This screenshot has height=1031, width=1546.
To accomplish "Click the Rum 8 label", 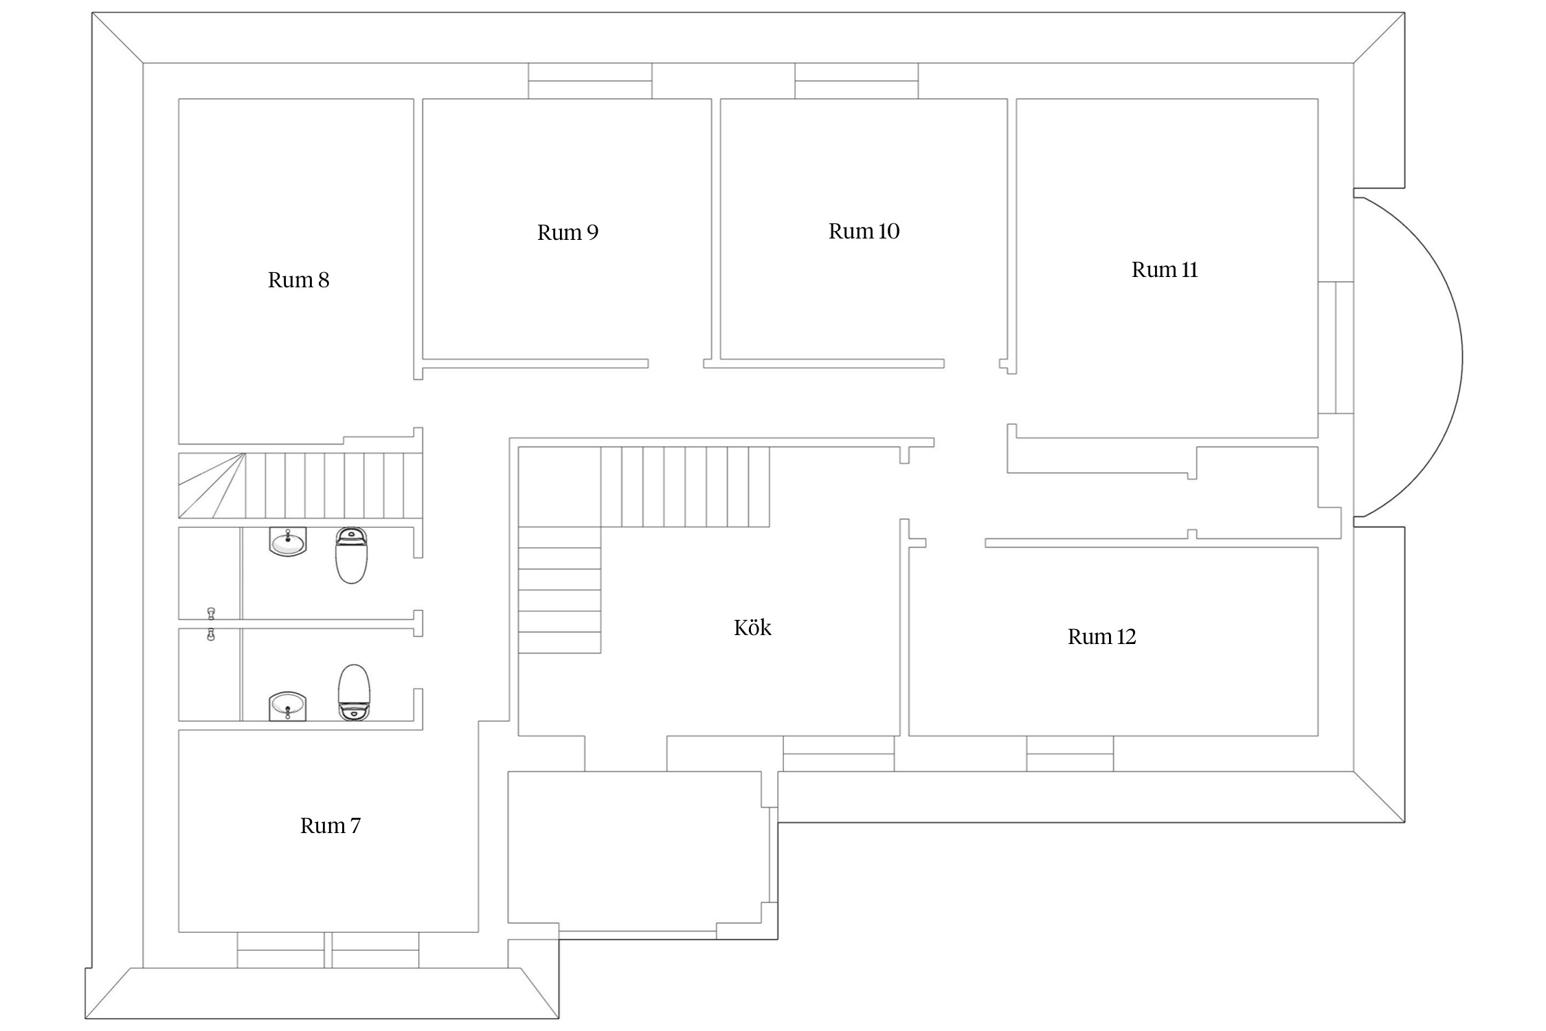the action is [298, 280].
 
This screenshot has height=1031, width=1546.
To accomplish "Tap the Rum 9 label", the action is [568, 232].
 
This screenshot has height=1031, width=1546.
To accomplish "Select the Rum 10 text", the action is [864, 231].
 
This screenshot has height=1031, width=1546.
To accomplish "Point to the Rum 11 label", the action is [1165, 269].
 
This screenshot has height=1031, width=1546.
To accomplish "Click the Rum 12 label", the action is [1101, 636].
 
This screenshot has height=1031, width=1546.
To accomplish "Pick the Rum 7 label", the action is [330, 825].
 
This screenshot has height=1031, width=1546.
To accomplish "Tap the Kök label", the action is [752, 628].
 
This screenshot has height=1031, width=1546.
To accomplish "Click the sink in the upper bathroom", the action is [288, 542].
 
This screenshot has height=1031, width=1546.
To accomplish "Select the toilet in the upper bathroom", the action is [351, 555].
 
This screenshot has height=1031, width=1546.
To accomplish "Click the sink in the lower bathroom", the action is [288, 706].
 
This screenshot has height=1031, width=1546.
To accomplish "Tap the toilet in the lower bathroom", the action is [354, 692].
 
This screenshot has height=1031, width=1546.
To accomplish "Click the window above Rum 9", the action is [590, 81].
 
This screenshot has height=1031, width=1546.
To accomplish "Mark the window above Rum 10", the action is [857, 81].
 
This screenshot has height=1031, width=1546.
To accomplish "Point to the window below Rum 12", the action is [1070, 753].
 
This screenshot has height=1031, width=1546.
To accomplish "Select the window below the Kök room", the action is [839, 753].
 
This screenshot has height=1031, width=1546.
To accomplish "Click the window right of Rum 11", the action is [1336, 348].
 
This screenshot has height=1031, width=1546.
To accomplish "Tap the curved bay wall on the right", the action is [1462, 357].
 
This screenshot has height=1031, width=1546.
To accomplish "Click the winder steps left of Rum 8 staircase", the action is [212, 485].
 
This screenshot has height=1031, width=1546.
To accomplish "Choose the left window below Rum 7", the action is [281, 950].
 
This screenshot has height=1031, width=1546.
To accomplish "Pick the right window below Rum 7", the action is [375, 950].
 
